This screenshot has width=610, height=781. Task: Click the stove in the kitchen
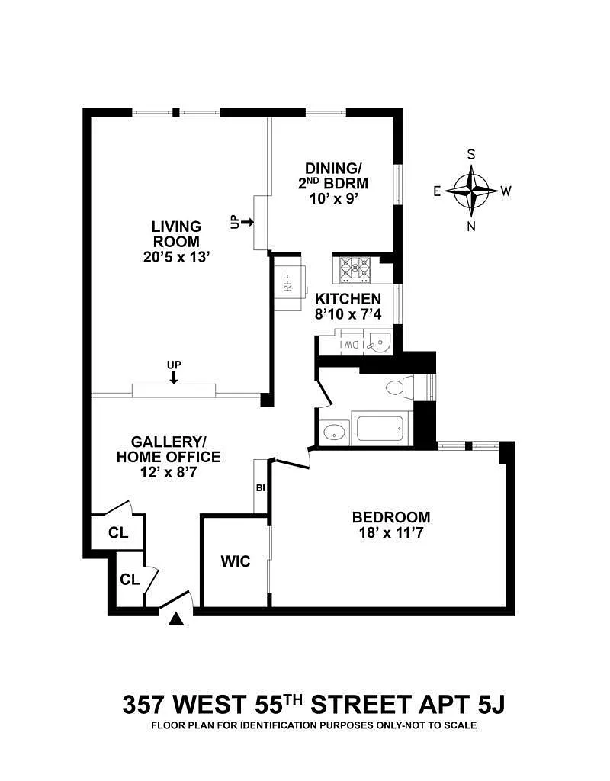tap(355, 269)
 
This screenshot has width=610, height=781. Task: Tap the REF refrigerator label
tap(287, 283)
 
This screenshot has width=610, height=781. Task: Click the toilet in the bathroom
tap(400, 387)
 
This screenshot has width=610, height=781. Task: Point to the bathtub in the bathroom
tap(380, 429)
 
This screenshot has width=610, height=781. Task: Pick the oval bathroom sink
tap(334, 432)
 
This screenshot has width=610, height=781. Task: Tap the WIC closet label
tap(236, 561)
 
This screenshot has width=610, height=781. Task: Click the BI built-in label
tap(261, 488)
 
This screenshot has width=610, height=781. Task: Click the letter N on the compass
tap(471, 227)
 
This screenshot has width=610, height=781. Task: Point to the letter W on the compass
tap(506, 191)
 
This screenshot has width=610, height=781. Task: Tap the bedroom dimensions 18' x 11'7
tap(391, 533)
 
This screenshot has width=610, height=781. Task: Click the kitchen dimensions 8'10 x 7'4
tap(348, 315)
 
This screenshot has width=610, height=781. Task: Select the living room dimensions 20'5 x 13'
tap(177, 258)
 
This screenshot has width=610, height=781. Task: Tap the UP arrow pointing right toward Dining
tap(246, 222)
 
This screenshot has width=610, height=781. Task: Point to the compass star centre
tap(471, 190)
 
